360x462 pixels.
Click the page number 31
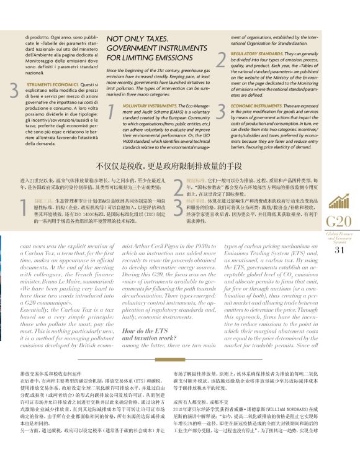(339, 250)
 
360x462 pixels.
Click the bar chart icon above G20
(338, 201)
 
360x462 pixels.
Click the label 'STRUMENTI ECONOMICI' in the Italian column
(48, 84)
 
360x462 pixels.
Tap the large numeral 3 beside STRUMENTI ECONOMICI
(14, 91)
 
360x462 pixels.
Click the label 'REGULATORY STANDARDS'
(254, 54)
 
